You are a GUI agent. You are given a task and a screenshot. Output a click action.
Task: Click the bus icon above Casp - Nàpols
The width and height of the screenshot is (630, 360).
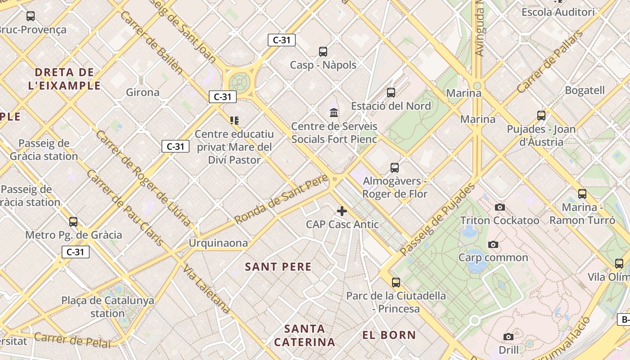pyautogui.click(x=323, y=52)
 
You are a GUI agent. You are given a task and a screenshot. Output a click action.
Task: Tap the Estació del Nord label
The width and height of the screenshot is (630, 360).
pyautogui.click(x=391, y=106)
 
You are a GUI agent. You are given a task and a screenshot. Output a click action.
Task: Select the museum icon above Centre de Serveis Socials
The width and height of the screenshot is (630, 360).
pyautogui.click(x=334, y=112)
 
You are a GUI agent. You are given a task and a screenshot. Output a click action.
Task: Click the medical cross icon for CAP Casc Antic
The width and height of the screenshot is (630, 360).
pyautogui.click(x=342, y=211)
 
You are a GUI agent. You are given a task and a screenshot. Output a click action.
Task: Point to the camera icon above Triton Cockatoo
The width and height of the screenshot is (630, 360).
pyautogui.click(x=499, y=207)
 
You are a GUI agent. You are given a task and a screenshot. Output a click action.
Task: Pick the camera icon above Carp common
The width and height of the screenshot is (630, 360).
pyautogui.click(x=493, y=245)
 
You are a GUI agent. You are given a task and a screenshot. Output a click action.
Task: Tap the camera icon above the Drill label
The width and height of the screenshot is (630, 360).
pyautogui.click(x=508, y=337)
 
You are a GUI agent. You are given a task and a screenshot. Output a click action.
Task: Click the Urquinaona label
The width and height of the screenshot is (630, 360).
pyautogui.click(x=218, y=243)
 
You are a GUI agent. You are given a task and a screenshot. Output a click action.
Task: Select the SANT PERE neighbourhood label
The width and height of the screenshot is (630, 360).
pyautogui.click(x=278, y=267)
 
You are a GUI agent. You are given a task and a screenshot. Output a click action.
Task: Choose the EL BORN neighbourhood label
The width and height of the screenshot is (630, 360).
pyautogui.click(x=389, y=335)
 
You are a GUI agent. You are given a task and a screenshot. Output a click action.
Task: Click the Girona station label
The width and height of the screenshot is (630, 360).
pyautogui.click(x=143, y=93)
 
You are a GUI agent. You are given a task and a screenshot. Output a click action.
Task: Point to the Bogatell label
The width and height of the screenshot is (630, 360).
pyautogui.click(x=585, y=90)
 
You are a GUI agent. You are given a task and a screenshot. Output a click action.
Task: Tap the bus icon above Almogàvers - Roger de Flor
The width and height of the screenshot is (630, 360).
pyautogui.click(x=395, y=168)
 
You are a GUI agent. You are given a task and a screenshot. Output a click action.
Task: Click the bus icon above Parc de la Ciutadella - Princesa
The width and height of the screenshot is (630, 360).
pyautogui.click(x=396, y=283)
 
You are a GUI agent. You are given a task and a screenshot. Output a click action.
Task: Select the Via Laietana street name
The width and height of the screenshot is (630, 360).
pyautogui.click(x=207, y=288)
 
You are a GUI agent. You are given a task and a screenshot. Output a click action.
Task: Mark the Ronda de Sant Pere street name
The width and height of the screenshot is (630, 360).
pyautogui.click(x=282, y=202)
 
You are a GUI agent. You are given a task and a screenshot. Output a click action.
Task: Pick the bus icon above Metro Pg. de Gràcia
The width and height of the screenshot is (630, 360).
pyautogui.click(x=73, y=222)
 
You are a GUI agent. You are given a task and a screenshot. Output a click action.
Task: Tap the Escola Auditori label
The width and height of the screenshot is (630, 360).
pyautogui.click(x=558, y=12)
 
